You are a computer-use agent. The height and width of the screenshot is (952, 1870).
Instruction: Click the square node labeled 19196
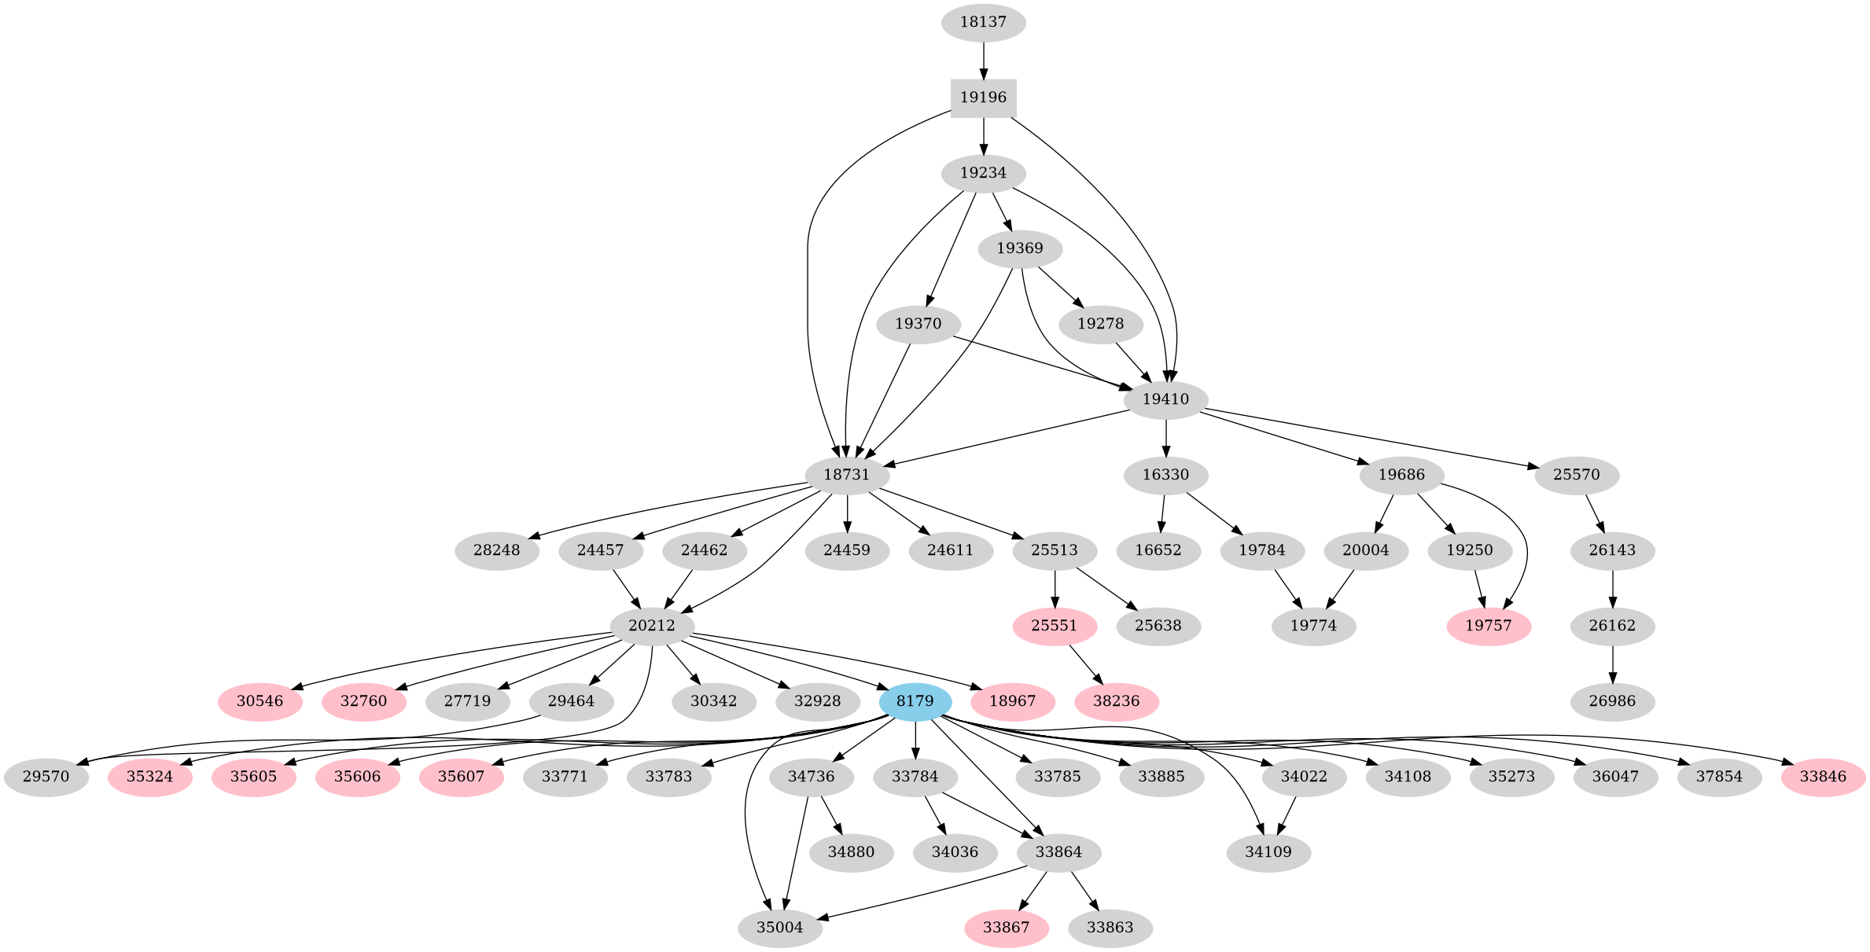(983, 98)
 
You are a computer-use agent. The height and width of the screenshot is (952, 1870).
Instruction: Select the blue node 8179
(915, 700)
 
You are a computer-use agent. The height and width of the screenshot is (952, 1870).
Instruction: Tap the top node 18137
(983, 22)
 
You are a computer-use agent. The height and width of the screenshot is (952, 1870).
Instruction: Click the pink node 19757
(1489, 626)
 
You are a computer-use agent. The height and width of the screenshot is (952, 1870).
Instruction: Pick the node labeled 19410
(1165, 399)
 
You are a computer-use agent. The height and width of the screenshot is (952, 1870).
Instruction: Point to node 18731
(847, 475)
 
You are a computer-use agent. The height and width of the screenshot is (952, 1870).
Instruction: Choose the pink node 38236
(1116, 700)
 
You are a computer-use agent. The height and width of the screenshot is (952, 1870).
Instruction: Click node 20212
(652, 626)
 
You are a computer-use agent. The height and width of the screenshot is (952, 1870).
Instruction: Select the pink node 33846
(1823, 777)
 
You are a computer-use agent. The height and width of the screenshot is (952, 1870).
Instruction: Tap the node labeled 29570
(46, 777)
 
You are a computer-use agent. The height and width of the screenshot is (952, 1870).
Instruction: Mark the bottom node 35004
(780, 928)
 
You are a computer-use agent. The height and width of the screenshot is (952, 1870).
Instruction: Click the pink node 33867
(1006, 928)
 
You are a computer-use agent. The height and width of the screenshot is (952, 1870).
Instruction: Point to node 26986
(1612, 700)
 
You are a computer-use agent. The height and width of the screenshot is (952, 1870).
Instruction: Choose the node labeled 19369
(1020, 249)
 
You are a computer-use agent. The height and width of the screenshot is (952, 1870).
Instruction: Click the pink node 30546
(260, 700)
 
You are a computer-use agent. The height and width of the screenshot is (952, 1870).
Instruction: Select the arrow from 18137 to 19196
(983, 60)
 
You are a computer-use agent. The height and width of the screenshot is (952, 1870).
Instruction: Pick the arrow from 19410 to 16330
(1165, 437)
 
